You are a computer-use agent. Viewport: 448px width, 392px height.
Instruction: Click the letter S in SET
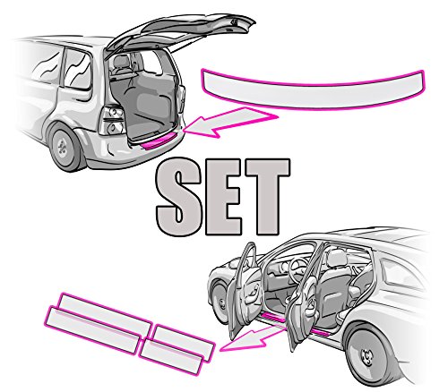pyautogui.click(x=178, y=197)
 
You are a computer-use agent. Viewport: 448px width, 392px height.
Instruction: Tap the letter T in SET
pyautogui.click(x=266, y=196)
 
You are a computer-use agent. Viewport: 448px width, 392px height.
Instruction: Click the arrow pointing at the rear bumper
pyautogui.click(x=230, y=123)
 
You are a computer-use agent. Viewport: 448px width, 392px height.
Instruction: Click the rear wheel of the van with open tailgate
pyautogui.click(x=66, y=147)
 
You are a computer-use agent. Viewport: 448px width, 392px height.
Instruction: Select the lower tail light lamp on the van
pyautogui.click(x=115, y=127)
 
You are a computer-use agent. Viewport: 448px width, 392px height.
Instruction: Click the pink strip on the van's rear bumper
pyautogui.click(x=159, y=141)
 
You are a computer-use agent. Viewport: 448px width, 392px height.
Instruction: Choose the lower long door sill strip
pyautogui.click(x=92, y=330)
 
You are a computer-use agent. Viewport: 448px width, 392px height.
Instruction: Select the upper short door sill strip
pyautogui.click(x=185, y=343)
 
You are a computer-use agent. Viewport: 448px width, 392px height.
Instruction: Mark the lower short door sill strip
pyautogui.click(x=171, y=357)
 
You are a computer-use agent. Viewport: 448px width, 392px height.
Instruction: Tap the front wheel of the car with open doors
pyautogui.click(x=220, y=302)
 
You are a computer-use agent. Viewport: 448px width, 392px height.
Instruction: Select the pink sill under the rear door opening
pyautogui.click(x=320, y=332)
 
